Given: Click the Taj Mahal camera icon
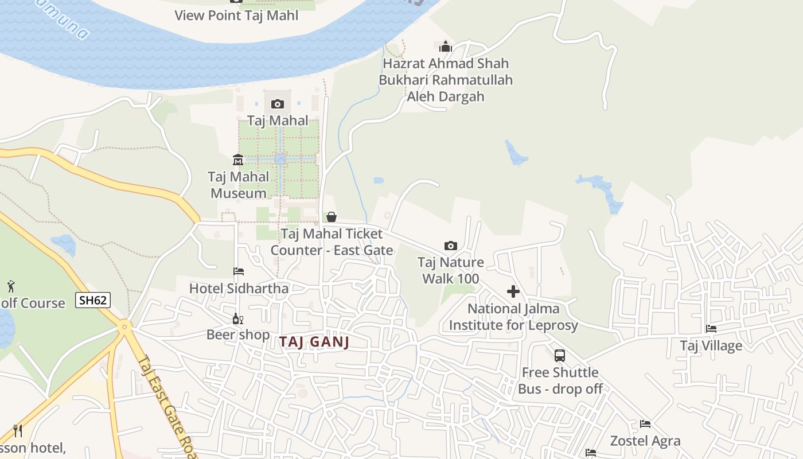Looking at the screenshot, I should tap(278, 104).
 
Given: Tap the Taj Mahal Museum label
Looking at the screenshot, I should tap(239, 185).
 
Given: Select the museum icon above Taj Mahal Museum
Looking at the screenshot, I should tap(238, 159).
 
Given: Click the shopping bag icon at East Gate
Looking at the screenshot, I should tap(332, 217).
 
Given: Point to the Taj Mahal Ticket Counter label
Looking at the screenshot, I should tap(332, 242).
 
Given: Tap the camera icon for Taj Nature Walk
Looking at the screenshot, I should tap(451, 246).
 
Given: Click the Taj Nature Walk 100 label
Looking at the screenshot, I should tap(451, 271).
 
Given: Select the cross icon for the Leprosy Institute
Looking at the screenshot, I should tap(513, 291).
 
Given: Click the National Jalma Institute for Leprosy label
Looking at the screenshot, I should tap(513, 317).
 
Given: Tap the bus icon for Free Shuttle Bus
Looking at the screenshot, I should tap(560, 355).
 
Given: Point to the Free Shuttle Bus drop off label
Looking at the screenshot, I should tap(560, 380).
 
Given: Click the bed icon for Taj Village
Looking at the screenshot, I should tap(711, 329).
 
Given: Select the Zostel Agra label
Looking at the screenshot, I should tap(645, 441).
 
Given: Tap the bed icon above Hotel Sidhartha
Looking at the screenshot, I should tap(239, 271).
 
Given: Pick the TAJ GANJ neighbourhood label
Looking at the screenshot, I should tap(314, 342).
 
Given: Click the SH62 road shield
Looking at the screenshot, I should tap(92, 299).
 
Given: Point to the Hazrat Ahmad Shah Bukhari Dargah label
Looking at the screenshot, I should tap(446, 80).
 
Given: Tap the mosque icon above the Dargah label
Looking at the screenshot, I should tap(446, 47).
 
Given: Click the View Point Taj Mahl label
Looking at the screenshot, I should tap(236, 15).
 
